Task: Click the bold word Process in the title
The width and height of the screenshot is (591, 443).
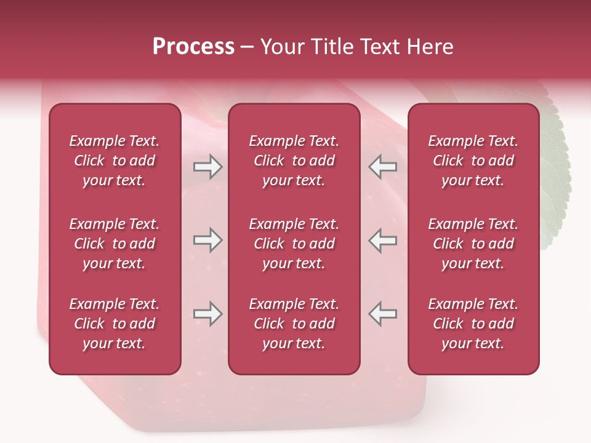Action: coord(193,47)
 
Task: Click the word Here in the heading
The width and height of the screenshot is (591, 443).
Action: coord(430,47)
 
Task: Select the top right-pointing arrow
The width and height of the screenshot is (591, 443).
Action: coord(207,167)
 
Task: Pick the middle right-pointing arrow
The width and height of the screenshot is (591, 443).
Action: coord(207,240)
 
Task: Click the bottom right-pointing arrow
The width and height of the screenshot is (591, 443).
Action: coord(207,314)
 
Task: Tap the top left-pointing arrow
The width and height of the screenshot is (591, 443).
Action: coord(382,167)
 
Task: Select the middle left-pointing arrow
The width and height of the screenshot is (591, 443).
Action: coord(382,240)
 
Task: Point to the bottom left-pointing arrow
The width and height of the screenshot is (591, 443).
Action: coord(382,314)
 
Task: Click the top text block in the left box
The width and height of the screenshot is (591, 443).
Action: coord(115,161)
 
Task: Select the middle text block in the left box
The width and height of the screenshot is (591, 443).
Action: coord(115,244)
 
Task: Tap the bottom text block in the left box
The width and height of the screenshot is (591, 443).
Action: coord(115,324)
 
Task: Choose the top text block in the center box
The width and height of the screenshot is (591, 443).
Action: coord(294,161)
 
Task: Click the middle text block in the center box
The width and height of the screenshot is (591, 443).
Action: coord(294,244)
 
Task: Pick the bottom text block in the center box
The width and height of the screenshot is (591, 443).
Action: coord(294,324)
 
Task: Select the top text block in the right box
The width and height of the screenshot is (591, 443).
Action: coord(473,161)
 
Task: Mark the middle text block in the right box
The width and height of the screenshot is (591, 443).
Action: coord(473,244)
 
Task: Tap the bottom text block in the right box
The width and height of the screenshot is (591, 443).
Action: coord(473,324)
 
